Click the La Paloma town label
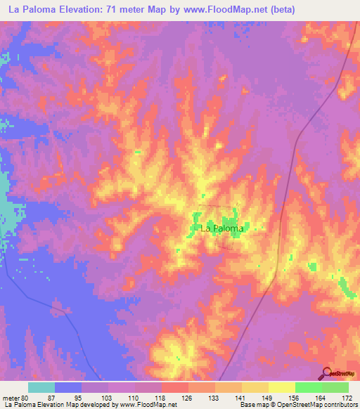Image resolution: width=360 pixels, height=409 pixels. [x=222, y=228]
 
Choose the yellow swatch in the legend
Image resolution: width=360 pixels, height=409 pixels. [x=281, y=387]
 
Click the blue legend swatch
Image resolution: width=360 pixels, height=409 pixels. [x=68, y=387]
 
